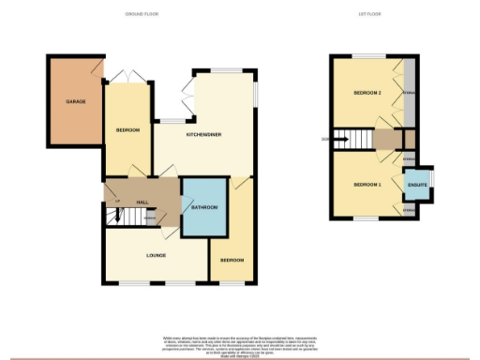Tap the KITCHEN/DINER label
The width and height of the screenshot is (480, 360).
(203, 135)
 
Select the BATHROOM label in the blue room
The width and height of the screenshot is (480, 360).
(204, 206)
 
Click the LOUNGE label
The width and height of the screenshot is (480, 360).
(156, 254)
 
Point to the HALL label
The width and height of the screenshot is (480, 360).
(142, 202)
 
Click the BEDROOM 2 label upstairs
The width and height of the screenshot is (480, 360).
(367, 94)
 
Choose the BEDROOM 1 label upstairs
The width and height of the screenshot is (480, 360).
(367, 185)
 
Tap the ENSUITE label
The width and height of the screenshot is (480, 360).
(418, 185)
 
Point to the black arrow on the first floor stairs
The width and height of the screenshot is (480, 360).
(341, 141)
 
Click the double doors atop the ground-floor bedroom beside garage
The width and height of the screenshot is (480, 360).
(125, 78)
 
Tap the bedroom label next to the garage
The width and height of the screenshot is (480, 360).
(127, 130)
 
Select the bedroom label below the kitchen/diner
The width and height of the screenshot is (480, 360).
(231, 259)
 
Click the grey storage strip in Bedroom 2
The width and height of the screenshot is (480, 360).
(409, 93)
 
